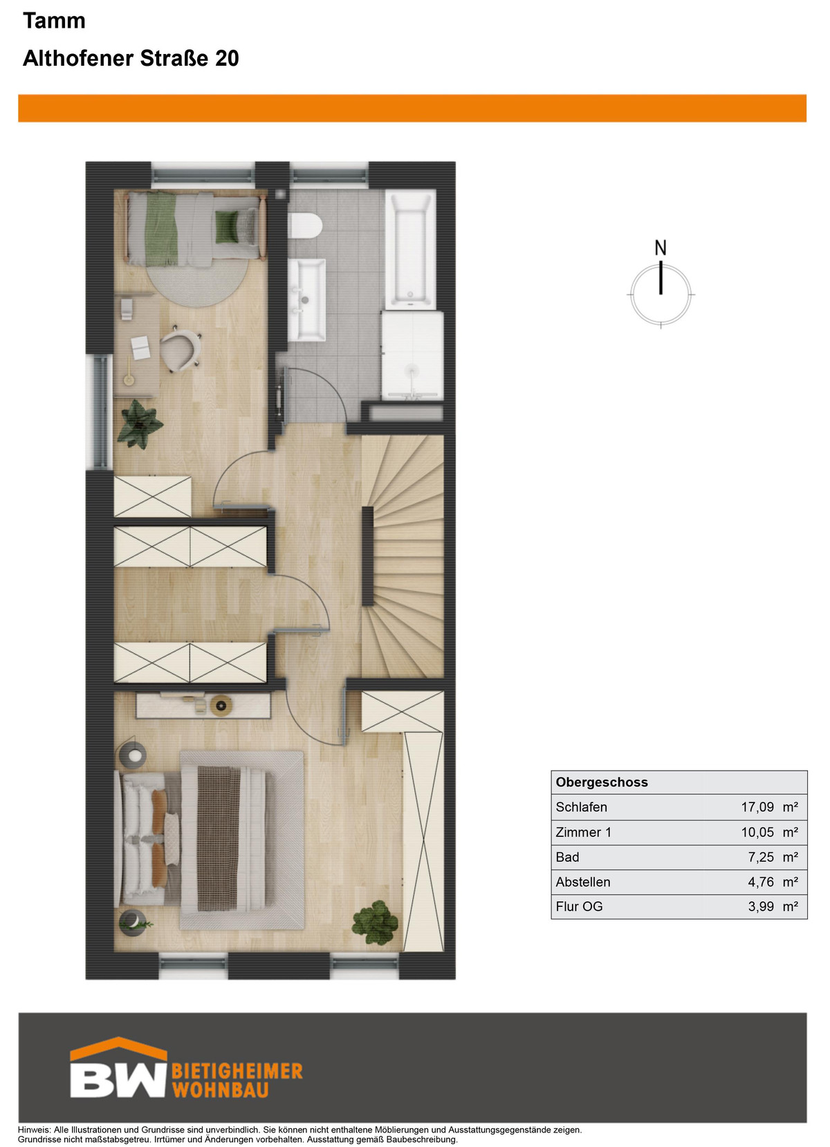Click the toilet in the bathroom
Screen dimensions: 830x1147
pos(306,226)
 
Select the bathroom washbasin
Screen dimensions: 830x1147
pos(306,300)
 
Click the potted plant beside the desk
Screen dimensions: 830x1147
pos(139,423)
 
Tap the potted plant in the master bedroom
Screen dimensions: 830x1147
pos(375,922)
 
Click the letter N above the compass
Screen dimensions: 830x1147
pos(661,248)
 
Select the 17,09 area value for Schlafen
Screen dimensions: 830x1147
pos(757,807)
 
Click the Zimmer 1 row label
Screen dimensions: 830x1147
pos(583,832)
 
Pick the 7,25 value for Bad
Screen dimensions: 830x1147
pos(761,857)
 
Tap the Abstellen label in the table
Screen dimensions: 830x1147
pos(582,882)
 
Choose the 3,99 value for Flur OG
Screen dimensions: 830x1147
pos(761,906)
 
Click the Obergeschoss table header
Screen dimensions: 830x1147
pos(602,782)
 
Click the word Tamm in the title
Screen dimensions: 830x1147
pos(54,21)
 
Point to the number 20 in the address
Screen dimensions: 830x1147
pos(227,58)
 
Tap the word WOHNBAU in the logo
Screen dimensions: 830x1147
pos(221,1090)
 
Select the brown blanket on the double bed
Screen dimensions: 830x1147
pos(219,837)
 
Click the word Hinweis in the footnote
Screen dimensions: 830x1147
pos(34,1130)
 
